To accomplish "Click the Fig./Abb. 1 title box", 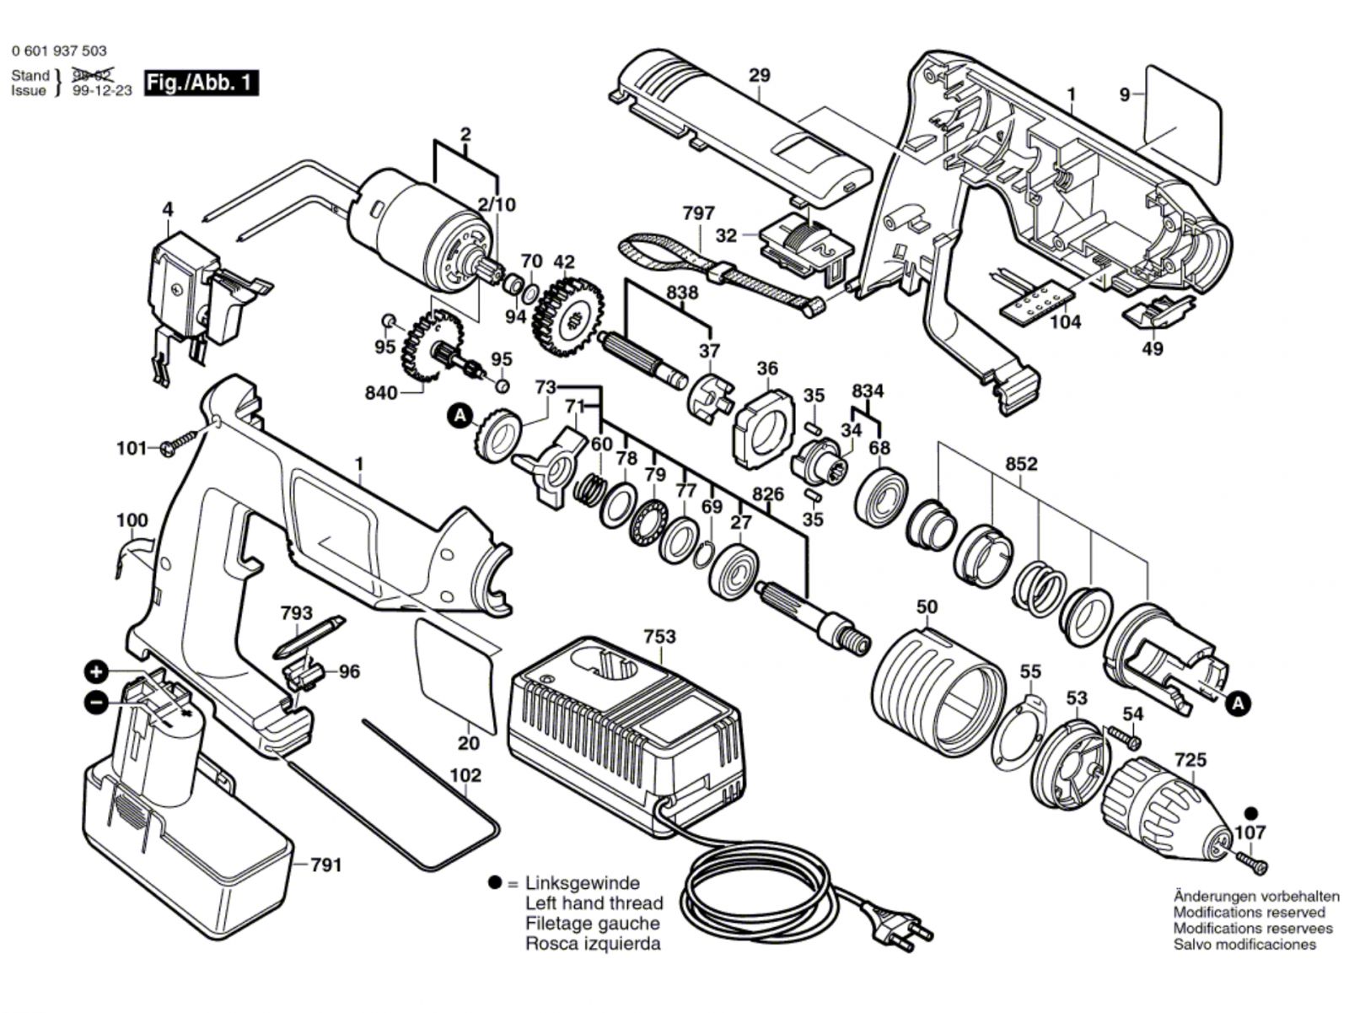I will click(x=201, y=83).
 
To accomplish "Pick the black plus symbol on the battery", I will click(x=97, y=672).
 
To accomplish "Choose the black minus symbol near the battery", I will click(x=97, y=701).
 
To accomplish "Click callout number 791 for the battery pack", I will click(x=325, y=865).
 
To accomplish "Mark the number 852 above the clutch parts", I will click(x=1021, y=464).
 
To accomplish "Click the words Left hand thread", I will click(x=594, y=903).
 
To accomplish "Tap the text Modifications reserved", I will click(x=1249, y=912).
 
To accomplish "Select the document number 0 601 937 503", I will click(x=59, y=51).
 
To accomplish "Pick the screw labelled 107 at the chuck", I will click(x=1253, y=861).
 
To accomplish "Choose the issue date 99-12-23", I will click(x=102, y=91).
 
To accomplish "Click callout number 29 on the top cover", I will click(x=760, y=75).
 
